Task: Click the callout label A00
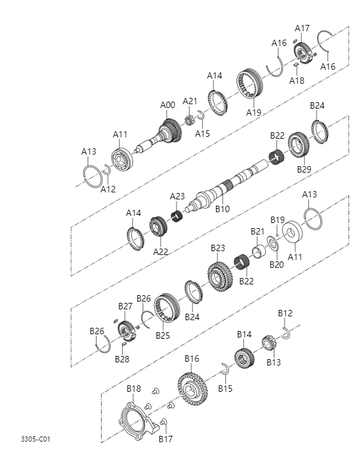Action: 167,105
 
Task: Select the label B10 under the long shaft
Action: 222,208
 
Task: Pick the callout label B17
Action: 166,439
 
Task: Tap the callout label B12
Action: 285,313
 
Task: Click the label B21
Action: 257,231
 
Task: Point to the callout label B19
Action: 277,220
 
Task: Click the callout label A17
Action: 302,28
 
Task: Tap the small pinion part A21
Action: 189,120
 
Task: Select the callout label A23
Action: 177,196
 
